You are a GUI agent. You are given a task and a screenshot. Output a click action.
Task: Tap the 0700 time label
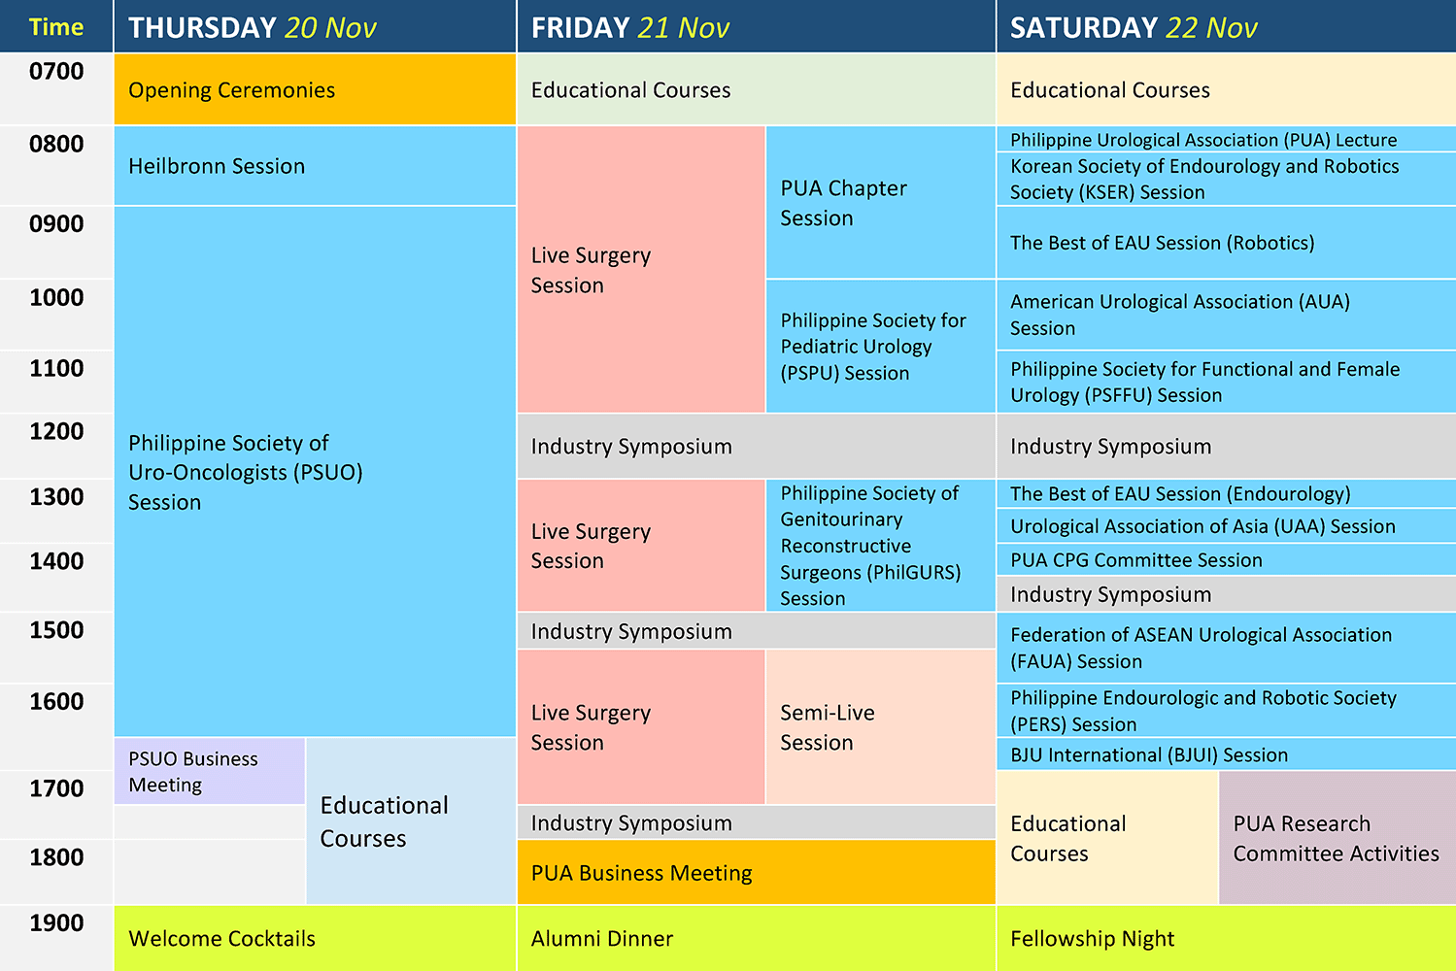tap(56, 72)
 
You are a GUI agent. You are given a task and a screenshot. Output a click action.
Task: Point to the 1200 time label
tap(56, 431)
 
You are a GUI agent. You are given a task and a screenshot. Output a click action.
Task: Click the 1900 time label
tap(56, 922)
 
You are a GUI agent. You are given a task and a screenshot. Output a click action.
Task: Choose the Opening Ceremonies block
tap(316, 89)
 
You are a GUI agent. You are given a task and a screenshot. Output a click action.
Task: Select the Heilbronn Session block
tap(316, 166)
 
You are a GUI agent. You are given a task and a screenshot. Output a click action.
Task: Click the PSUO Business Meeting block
tap(209, 771)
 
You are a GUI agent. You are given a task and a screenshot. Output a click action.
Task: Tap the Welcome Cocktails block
tap(316, 938)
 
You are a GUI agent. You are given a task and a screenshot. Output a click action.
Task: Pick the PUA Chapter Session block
tap(881, 202)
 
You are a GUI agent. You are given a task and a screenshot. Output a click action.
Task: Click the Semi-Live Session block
tap(881, 726)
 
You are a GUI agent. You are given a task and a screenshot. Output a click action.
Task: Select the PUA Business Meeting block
tap(756, 872)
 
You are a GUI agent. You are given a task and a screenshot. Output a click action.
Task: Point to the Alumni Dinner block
tap(756, 938)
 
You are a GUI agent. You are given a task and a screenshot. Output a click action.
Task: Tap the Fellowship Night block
tap(1227, 938)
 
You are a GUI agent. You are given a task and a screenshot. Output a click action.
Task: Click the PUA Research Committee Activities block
tap(1337, 838)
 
